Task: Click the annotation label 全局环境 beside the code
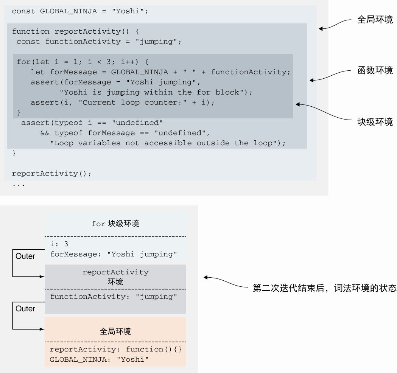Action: tap(375, 20)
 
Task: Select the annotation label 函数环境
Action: tap(375, 70)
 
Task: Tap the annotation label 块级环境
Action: tap(375, 122)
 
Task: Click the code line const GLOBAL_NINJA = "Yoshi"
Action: tap(80, 11)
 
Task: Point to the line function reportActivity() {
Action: tap(76, 31)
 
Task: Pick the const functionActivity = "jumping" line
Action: tap(99, 42)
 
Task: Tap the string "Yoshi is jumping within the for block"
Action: tap(156, 92)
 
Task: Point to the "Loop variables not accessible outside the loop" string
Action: tap(167, 143)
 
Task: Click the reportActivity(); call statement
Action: tap(52, 174)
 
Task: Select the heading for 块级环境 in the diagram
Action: tap(115, 224)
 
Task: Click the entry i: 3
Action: tap(59, 244)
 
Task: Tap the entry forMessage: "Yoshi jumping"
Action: tap(114, 254)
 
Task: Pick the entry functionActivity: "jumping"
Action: tap(114, 297)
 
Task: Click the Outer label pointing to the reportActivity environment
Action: tap(25, 256)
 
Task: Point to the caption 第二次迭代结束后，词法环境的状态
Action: tap(324, 288)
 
